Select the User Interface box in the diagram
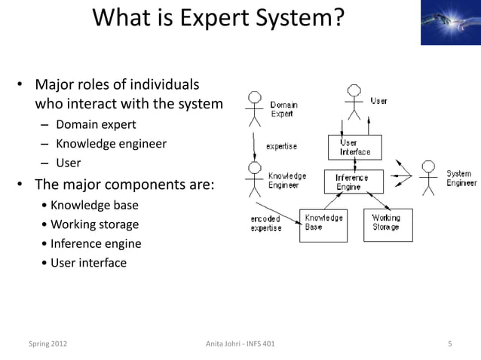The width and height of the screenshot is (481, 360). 355,147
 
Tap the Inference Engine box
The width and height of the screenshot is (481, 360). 354,182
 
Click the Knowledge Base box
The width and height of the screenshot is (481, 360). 323,224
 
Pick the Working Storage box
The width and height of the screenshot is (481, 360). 388,224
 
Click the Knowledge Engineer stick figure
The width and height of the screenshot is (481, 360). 255,178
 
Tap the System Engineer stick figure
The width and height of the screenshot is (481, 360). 428,177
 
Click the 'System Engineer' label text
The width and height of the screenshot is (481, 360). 461,178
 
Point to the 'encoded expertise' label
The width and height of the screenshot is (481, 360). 266,224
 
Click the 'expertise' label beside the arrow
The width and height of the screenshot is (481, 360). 280,146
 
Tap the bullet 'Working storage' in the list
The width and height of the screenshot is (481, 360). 94,224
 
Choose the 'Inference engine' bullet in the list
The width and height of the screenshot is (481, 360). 96,243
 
